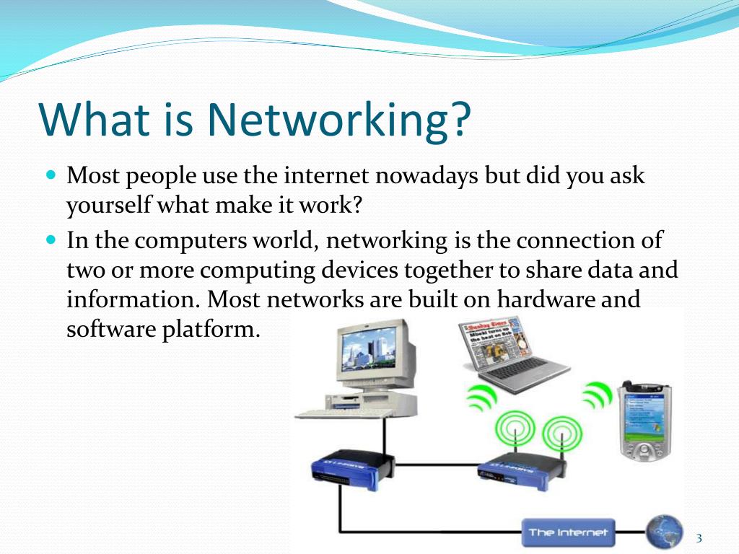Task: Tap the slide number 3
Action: [x=699, y=538]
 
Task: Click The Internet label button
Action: [x=568, y=533]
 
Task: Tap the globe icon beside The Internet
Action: [x=665, y=532]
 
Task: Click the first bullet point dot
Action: [x=51, y=175]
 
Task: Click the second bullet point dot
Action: [x=51, y=238]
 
